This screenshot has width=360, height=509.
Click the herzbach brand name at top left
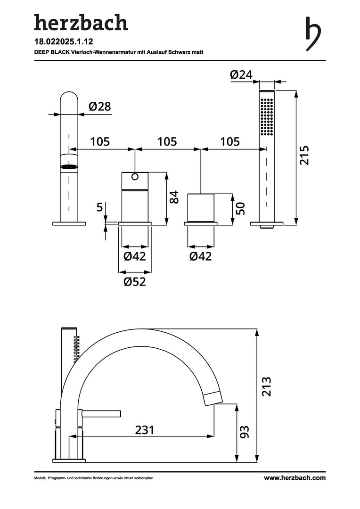point(81,23)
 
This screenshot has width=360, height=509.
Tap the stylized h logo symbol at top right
point(313,34)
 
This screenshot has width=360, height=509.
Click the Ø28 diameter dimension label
point(99,106)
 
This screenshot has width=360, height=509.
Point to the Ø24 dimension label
point(241,74)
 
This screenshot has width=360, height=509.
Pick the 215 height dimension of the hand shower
point(304,156)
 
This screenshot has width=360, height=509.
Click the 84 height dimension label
point(174,197)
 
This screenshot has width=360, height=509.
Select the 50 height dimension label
point(240,208)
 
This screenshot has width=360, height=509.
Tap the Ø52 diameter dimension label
point(135,281)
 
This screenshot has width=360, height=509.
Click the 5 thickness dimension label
point(99,206)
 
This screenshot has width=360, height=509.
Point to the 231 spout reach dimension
point(145,430)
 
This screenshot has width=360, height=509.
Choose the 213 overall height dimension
point(267,386)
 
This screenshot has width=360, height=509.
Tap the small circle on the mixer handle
point(135,177)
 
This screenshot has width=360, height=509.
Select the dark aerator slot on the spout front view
point(69,167)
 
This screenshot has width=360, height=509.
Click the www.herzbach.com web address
point(295,478)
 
